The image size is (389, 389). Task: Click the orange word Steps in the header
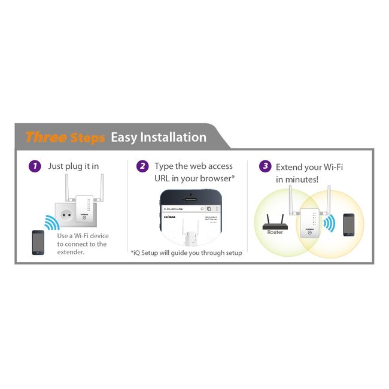(x=87, y=138)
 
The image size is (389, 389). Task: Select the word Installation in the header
(x=173, y=137)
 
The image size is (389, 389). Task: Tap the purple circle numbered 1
(x=35, y=166)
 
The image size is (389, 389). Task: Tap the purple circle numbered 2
(x=142, y=166)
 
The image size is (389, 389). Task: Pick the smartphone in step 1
(x=38, y=242)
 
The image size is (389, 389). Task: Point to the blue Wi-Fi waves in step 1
(x=52, y=223)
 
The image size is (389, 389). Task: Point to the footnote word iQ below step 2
(x=138, y=253)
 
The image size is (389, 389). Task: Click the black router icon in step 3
(x=275, y=224)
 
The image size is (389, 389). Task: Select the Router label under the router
(x=275, y=232)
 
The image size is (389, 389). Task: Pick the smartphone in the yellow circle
(x=348, y=224)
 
